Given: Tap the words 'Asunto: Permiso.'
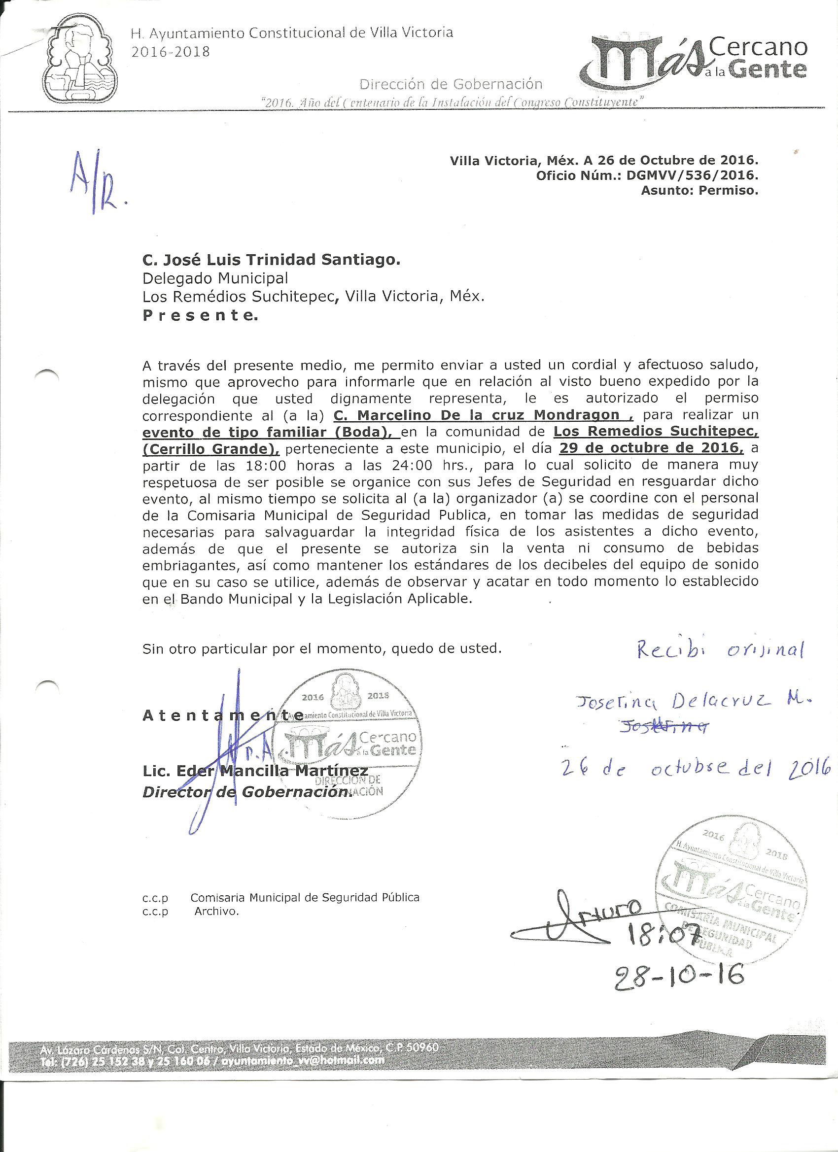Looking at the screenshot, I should pyautogui.click(x=699, y=191).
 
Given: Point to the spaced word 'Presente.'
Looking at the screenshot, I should pyautogui.click(x=200, y=316).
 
